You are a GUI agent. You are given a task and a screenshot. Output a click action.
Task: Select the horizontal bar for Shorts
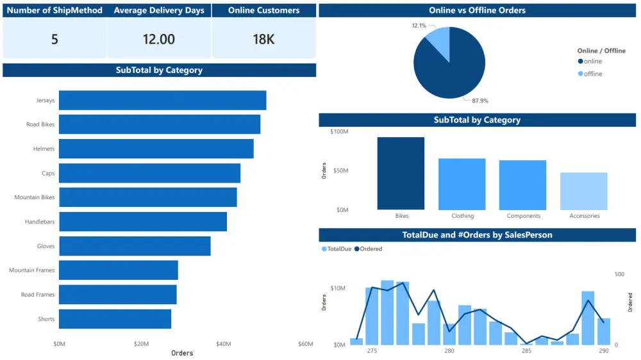click(x=115, y=319)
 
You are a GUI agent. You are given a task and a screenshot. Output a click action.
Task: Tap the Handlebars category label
click(x=40, y=222)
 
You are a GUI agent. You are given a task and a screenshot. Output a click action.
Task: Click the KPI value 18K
click(x=263, y=39)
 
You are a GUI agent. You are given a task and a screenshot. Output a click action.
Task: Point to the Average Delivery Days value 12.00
click(x=158, y=39)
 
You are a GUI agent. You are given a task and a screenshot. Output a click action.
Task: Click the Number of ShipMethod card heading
click(x=54, y=10)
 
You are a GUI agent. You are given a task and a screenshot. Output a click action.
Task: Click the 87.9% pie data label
click(x=479, y=101)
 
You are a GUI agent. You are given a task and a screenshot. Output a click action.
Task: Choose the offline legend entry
click(x=593, y=74)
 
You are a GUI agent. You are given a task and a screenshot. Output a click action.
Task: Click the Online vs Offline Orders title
click(x=477, y=10)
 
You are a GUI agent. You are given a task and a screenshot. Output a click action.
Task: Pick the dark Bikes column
click(x=401, y=173)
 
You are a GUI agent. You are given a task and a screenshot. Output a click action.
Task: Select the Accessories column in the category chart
click(x=584, y=191)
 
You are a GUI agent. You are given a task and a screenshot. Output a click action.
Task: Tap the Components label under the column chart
click(x=523, y=216)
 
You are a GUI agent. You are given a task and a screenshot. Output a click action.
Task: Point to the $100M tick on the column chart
click(x=339, y=132)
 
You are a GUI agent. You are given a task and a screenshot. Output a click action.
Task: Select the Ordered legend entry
click(x=371, y=249)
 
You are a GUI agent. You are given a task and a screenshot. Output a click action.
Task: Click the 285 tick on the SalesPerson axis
click(x=526, y=351)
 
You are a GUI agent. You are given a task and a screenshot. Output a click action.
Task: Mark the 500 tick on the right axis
click(x=619, y=274)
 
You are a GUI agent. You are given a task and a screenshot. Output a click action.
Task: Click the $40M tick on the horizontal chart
click(x=223, y=344)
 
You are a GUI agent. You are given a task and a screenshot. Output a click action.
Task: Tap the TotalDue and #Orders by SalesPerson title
click(x=477, y=235)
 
